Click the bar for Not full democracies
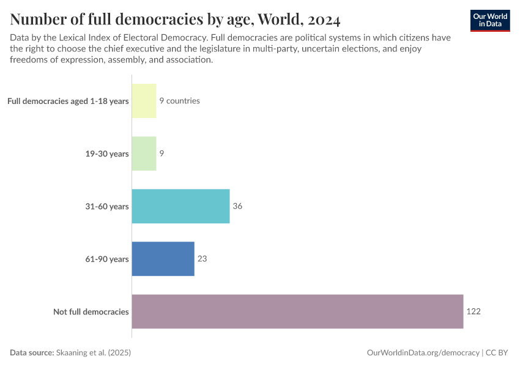click(297, 311)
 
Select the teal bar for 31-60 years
click(180, 206)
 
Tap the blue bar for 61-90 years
click(163, 259)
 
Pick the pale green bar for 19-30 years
click(144, 154)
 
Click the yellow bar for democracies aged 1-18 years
click(144, 101)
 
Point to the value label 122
click(474, 311)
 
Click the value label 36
click(237, 206)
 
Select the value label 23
click(202, 259)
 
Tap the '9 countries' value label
click(179, 101)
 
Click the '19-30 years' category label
click(107, 154)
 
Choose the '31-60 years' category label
click(107, 206)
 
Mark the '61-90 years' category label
click(107, 259)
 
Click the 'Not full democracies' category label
click(91, 311)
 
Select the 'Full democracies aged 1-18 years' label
click(68, 101)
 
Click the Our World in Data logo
click(489, 20)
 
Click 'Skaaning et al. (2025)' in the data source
click(94, 353)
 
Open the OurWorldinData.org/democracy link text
click(423, 353)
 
